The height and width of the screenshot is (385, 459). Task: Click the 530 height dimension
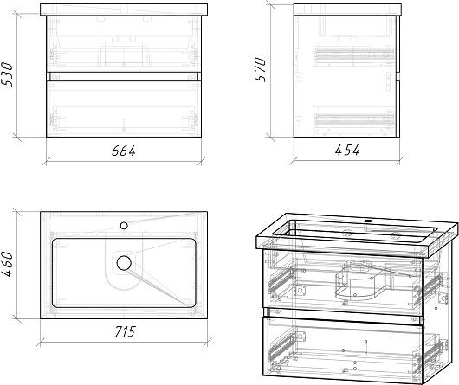point(7,74)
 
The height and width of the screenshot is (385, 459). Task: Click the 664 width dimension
point(124,151)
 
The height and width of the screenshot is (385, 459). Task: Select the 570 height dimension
point(260,69)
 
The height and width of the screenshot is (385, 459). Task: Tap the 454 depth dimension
point(347,151)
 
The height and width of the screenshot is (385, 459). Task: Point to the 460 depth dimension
point(7,265)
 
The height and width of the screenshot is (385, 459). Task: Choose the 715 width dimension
point(125,331)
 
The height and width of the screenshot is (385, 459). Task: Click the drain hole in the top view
point(124,263)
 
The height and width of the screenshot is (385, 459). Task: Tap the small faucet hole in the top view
point(124,226)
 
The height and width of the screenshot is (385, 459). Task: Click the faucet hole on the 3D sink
point(368,221)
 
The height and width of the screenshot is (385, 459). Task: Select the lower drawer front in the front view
point(124,109)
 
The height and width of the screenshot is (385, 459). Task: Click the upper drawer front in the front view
point(124,44)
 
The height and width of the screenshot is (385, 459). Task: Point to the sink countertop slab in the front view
point(124,10)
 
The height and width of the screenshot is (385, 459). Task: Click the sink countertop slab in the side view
point(347,10)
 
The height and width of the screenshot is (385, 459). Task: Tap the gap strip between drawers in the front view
point(124,76)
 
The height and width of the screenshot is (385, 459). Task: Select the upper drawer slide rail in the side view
point(354,55)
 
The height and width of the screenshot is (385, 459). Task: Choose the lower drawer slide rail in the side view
point(354,119)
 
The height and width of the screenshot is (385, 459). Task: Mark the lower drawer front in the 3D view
point(343,349)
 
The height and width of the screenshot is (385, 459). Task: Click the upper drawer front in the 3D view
point(343,283)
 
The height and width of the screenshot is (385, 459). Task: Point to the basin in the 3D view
point(355,233)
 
